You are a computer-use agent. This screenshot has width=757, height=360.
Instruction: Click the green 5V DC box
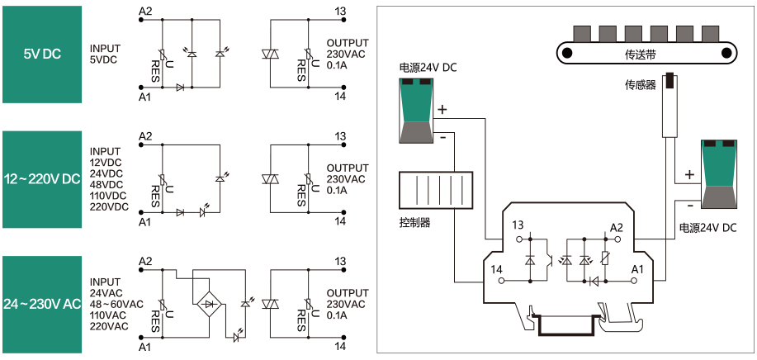tap(41, 54)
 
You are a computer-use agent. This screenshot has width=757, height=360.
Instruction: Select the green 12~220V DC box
tap(41, 179)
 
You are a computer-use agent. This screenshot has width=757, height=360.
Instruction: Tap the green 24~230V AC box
tap(41, 304)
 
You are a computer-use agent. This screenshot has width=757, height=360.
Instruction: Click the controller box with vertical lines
tap(435, 194)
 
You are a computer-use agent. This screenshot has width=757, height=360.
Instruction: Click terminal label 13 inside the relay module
tap(518, 225)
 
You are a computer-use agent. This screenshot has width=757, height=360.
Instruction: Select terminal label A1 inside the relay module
tap(636, 269)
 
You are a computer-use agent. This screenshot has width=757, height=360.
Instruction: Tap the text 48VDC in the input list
tap(106, 184)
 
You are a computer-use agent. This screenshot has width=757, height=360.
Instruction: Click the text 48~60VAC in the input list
tap(116, 304)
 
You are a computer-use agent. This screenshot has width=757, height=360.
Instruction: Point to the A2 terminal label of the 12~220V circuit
tap(145, 135)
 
